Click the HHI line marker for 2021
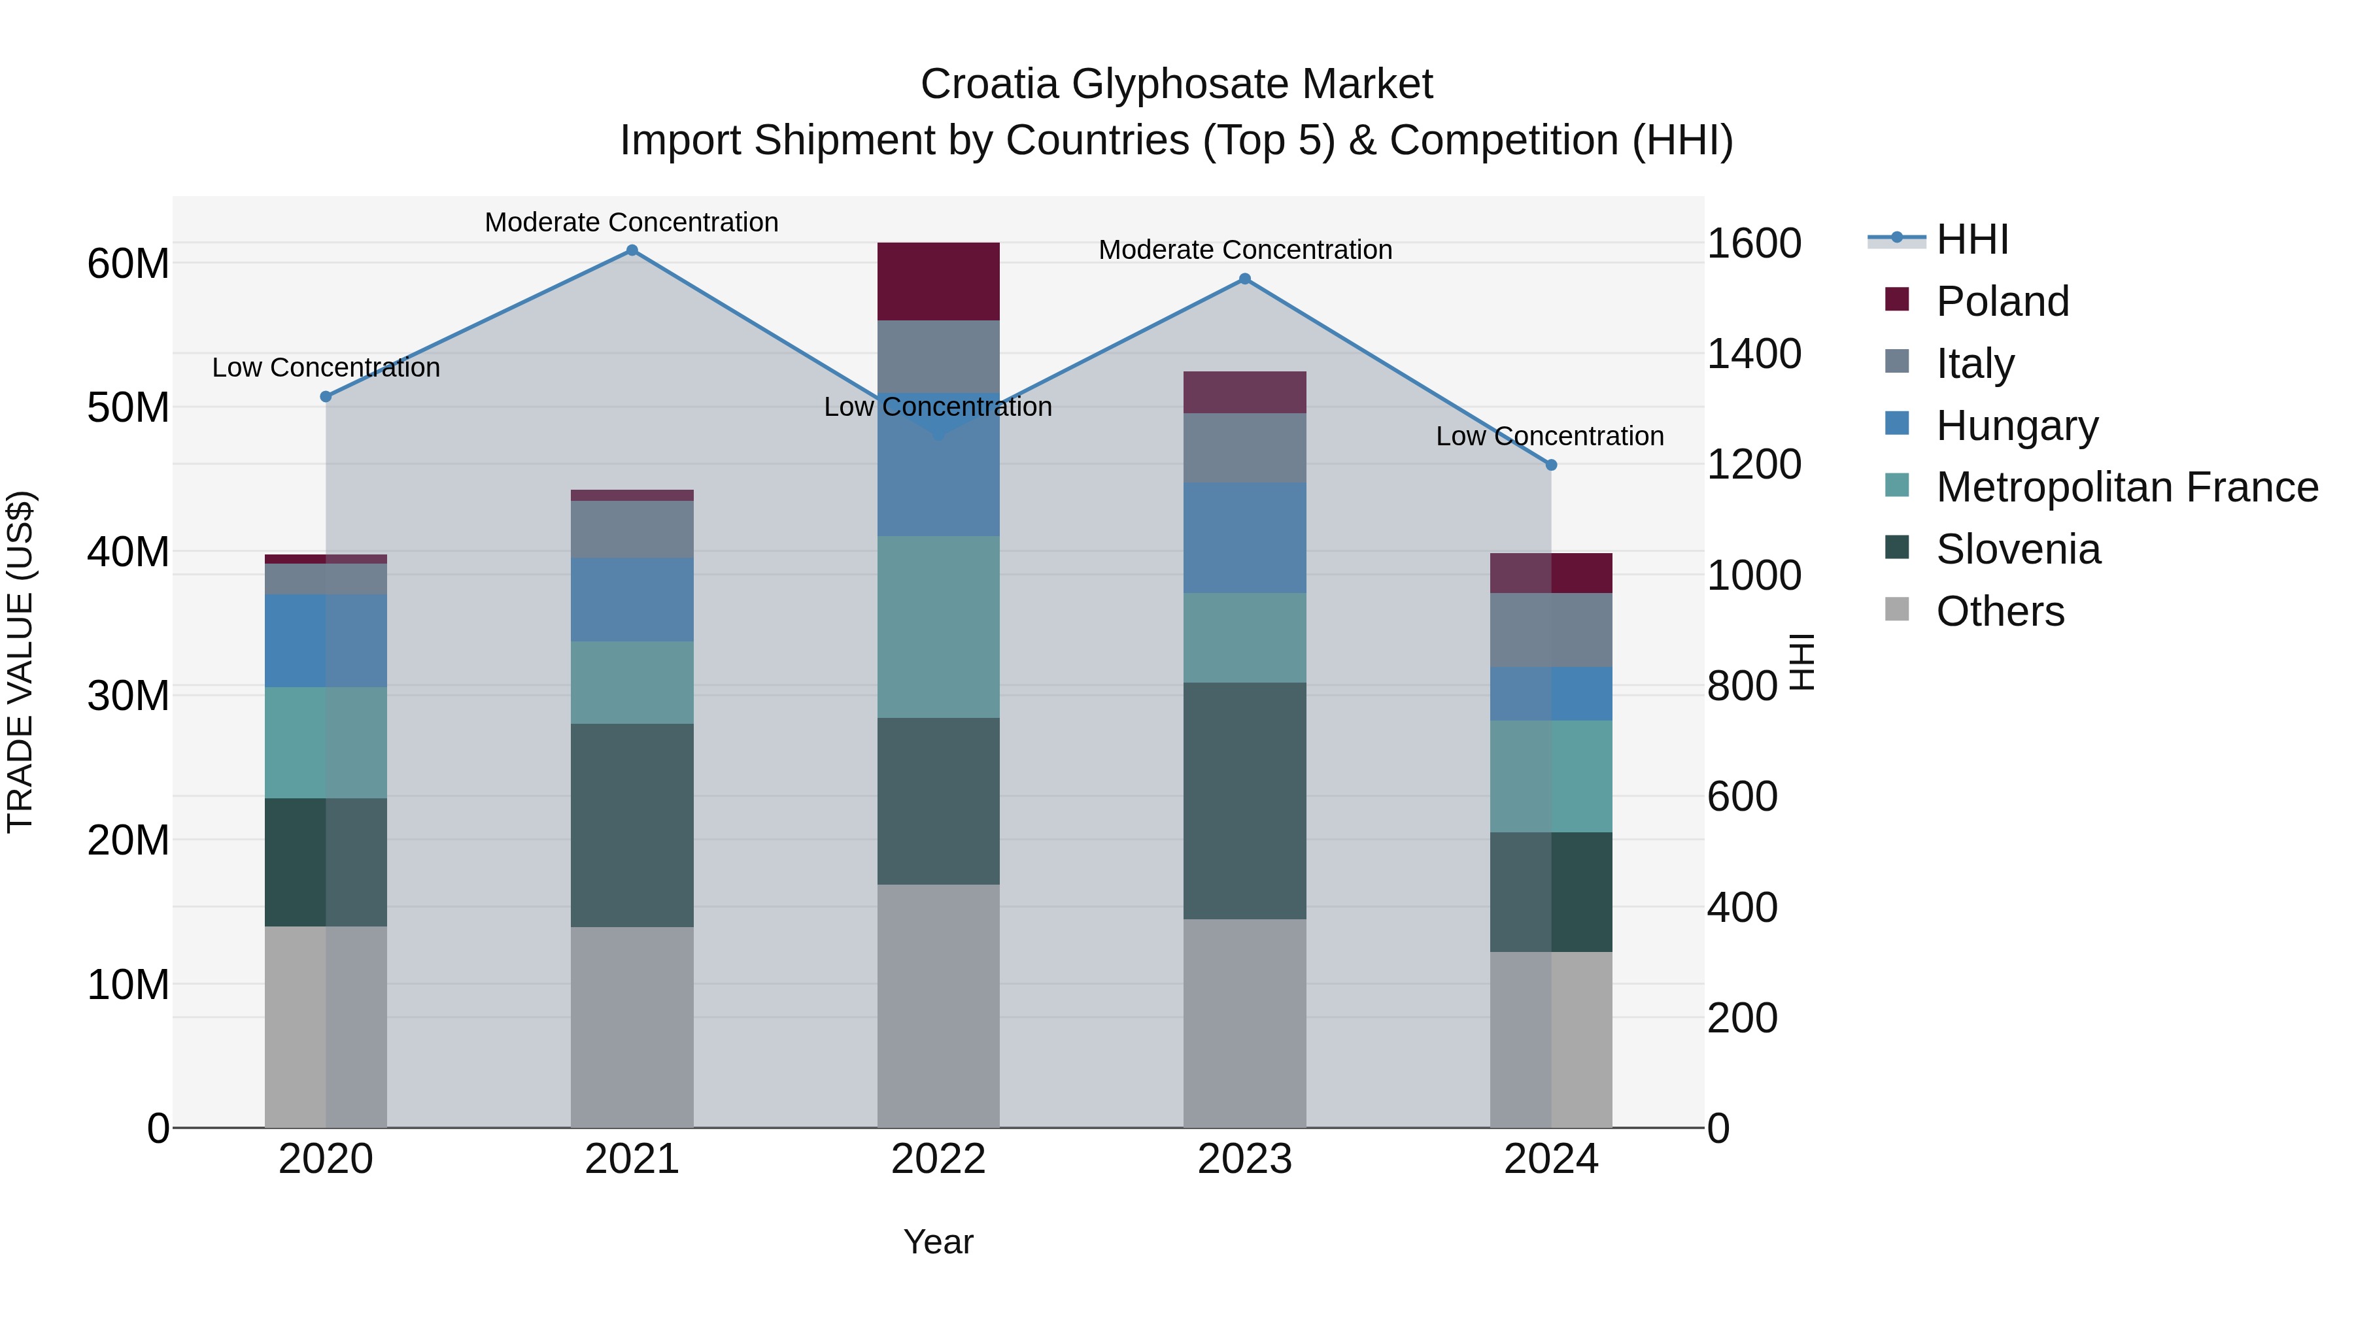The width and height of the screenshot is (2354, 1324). [632, 250]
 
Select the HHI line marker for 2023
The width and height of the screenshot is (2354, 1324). [1244, 279]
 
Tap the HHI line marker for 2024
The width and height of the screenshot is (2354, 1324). [1551, 465]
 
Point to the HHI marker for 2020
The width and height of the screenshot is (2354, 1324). [326, 397]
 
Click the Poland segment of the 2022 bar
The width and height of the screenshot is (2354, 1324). [938, 281]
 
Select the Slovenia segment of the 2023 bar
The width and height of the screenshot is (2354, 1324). [1244, 800]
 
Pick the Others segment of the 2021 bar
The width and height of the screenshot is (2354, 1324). [632, 1027]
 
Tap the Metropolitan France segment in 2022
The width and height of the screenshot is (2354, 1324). [938, 627]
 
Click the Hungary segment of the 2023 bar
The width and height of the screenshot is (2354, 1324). [1244, 537]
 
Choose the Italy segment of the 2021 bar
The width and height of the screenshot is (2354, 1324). [632, 529]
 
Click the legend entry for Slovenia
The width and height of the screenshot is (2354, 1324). [2018, 549]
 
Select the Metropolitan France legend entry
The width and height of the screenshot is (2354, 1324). [2126, 487]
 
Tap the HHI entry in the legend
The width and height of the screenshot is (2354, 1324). [1971, 239]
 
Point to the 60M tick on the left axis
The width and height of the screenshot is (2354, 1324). [128, 263]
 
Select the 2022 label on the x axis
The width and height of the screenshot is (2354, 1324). [938, 1159]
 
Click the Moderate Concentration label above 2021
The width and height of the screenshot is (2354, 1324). [632, 222]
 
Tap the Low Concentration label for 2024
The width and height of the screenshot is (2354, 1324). [1549, 436]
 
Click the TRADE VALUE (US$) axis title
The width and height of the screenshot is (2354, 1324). [20, 662]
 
